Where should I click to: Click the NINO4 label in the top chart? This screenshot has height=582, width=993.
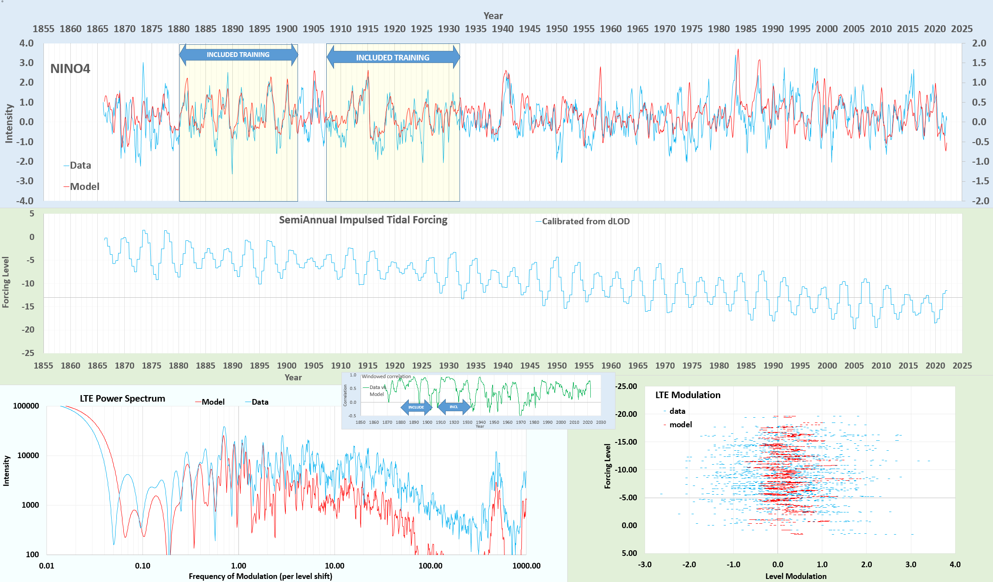click(x=70, y=69)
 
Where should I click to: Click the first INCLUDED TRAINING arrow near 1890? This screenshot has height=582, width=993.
click(x=238, y=55)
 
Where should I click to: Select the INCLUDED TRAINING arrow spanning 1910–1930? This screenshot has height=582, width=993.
click(x=393, y=57)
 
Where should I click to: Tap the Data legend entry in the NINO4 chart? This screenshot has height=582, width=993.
click(x=80, y=166)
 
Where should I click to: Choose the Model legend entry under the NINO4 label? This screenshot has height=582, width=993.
click(x=84, y=187)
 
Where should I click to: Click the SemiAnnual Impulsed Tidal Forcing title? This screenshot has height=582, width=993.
click(x=363, y=220)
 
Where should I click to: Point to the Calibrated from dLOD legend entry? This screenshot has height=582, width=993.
click(x=585, y=222)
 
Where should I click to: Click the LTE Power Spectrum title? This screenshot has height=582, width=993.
click(x=122, y=399)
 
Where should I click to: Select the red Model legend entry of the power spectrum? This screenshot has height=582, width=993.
click(x=212, y=402)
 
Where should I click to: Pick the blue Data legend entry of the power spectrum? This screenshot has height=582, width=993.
click(x=259, y=402)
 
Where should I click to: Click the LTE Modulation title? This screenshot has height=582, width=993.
click(x=688, y=395)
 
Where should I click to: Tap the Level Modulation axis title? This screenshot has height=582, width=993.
click(x=796, y=576)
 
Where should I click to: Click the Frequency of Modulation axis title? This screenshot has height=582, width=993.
click(x=260, y=576)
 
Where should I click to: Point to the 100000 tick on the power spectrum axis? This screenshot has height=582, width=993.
click(x=26, y=406)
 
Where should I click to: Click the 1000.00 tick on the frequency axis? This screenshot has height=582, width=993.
click(x=526, y=566)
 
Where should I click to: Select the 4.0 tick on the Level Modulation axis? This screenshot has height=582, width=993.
click(x=955, y=565)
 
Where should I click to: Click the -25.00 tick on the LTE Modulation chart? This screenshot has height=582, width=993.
click(x=626, y=386)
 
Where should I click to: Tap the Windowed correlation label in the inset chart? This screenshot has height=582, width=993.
click(x=386, y=376)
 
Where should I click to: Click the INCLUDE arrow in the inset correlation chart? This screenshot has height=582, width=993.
click(x=416, y=407)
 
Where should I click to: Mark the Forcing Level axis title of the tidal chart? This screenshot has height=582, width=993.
click(x=6, y=282)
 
